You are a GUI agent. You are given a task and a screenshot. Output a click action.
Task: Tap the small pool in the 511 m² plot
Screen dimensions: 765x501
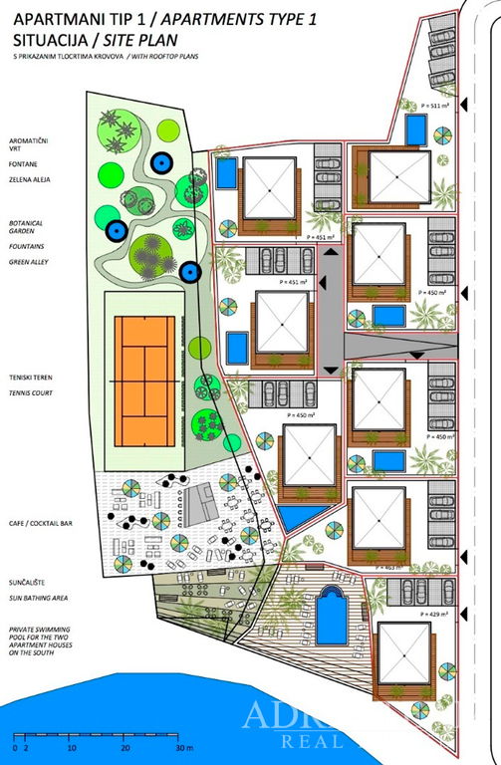pos(416,128)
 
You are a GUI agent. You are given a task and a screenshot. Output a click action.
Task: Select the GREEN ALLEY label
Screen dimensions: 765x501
pos(28,262)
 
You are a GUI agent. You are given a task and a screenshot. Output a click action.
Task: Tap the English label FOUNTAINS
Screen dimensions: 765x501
pos(25,245)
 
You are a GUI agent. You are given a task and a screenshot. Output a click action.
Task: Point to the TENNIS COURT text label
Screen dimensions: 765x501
pos(31,393)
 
